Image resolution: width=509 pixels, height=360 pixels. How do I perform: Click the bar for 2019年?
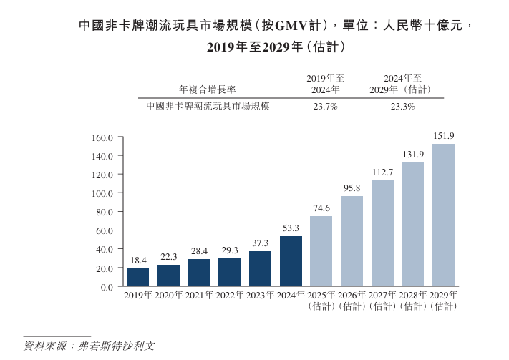[137, 277]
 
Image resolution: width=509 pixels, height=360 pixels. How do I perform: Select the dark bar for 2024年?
[291, 261]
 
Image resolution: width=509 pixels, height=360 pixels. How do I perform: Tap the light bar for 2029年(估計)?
[443, 215]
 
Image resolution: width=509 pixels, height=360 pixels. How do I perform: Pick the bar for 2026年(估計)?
[352, 241]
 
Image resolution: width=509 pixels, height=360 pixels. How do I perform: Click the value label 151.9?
[443, 136]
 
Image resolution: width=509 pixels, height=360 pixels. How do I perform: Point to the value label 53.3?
[291, 228]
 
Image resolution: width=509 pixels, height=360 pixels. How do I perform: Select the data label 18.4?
[137, 261]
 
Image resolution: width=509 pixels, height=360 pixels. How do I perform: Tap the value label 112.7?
[382, 172]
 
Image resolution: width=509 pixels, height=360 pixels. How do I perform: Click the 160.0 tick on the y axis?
[104, 137]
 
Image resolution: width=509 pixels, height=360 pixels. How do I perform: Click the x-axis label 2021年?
[199, 296]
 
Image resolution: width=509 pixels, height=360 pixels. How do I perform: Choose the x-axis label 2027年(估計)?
[382, 301]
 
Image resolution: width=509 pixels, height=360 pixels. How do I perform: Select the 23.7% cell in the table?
[325, 106]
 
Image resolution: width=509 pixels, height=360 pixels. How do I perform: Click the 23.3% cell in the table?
[402, 106]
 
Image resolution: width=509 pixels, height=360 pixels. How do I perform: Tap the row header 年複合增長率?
[208, 89]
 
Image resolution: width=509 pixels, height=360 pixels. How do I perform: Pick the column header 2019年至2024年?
[325, 84]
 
